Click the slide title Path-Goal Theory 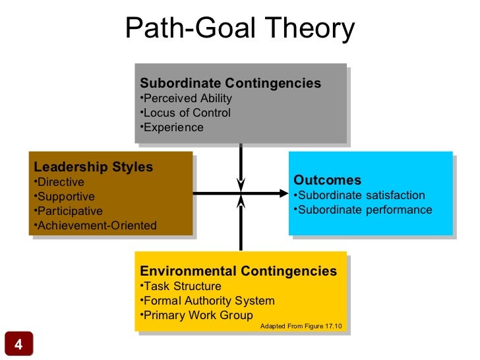click(240, 28)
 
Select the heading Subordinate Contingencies click(230, 84)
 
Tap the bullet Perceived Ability click(187, 99)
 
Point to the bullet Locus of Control click(186, 113)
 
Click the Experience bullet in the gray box click(173, 127)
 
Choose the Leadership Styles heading click(93, 167)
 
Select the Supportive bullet click(64, 196)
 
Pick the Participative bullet click(68, 211)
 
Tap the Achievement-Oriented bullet click(95, 225)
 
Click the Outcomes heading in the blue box click(327, 181)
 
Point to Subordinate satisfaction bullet click(360, 196)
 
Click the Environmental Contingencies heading click(238, 272)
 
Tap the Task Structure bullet click(181, 286)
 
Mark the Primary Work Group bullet click(197, 315)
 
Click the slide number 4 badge click(18, 345)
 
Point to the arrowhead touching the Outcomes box click(285, 194)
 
